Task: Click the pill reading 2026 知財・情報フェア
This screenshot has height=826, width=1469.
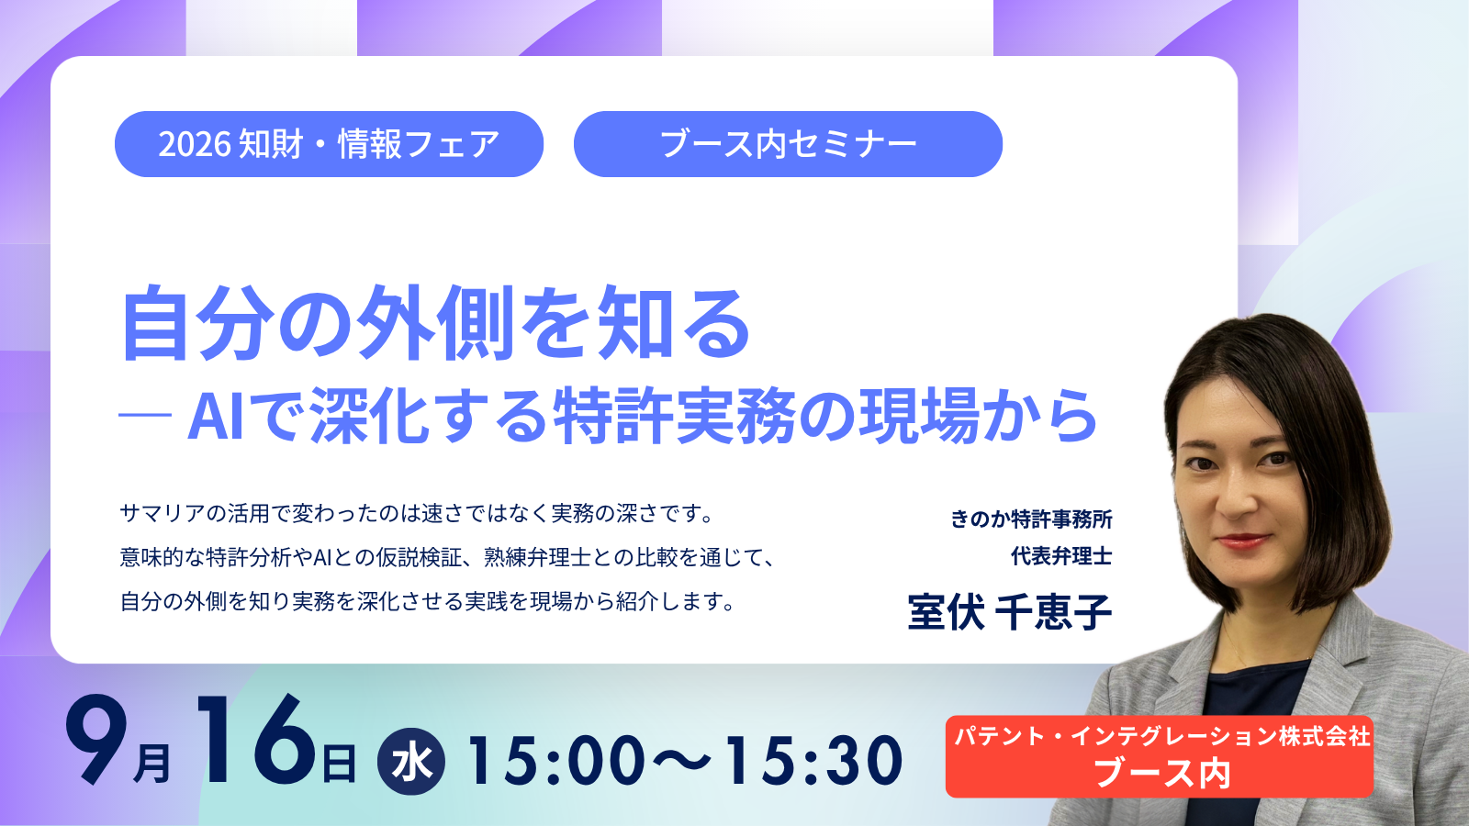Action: (330, 144)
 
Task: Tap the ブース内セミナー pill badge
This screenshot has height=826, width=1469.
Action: (788, 144)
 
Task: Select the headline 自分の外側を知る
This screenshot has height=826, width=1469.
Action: (435, 324)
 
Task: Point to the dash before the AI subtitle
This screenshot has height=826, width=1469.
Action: (145, 414)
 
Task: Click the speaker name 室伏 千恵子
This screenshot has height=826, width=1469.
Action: (1009, 611)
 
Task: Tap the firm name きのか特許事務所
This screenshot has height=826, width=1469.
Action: (1031, 519)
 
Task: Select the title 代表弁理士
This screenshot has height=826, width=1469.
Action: (1061, 556)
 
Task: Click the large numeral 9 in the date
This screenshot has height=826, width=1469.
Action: (96, 740)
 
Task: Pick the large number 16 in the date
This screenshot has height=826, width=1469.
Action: (256, 740)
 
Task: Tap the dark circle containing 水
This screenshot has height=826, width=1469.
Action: (411, 761)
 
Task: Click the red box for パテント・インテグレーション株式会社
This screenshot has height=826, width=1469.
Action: (1160, 756)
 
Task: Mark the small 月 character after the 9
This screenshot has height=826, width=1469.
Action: (152, 763)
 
